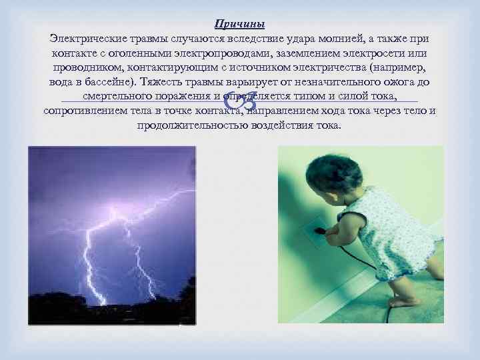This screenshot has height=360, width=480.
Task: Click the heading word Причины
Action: (239, 24)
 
